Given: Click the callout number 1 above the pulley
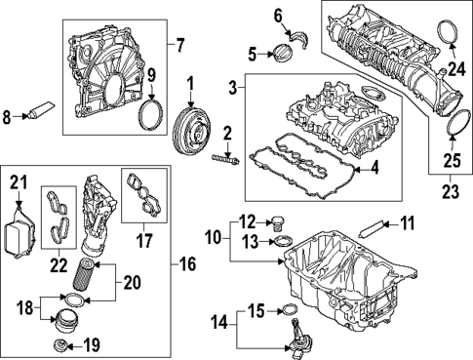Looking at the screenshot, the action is tap(190, 84).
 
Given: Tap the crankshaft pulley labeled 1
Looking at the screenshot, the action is tap(191, 130).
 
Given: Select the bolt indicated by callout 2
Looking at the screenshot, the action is tap(226, 160).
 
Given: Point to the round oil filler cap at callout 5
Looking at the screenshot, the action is tap(283, 54).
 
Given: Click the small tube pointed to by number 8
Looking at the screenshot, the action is tap(42, 109).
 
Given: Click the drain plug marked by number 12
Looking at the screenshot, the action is tap(277, 222).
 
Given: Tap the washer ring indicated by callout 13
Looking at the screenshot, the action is tap(283, 242).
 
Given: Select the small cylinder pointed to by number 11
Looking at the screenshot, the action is tap(371, 228).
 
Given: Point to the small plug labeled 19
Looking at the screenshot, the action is tap(60, 345).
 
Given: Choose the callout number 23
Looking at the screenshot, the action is tap(451, 191).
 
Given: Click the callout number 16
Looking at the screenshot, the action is tap(188, 264).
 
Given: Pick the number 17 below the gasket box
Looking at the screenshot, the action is tap(144, 241).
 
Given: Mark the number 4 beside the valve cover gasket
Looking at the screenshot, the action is tap(374, 168).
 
